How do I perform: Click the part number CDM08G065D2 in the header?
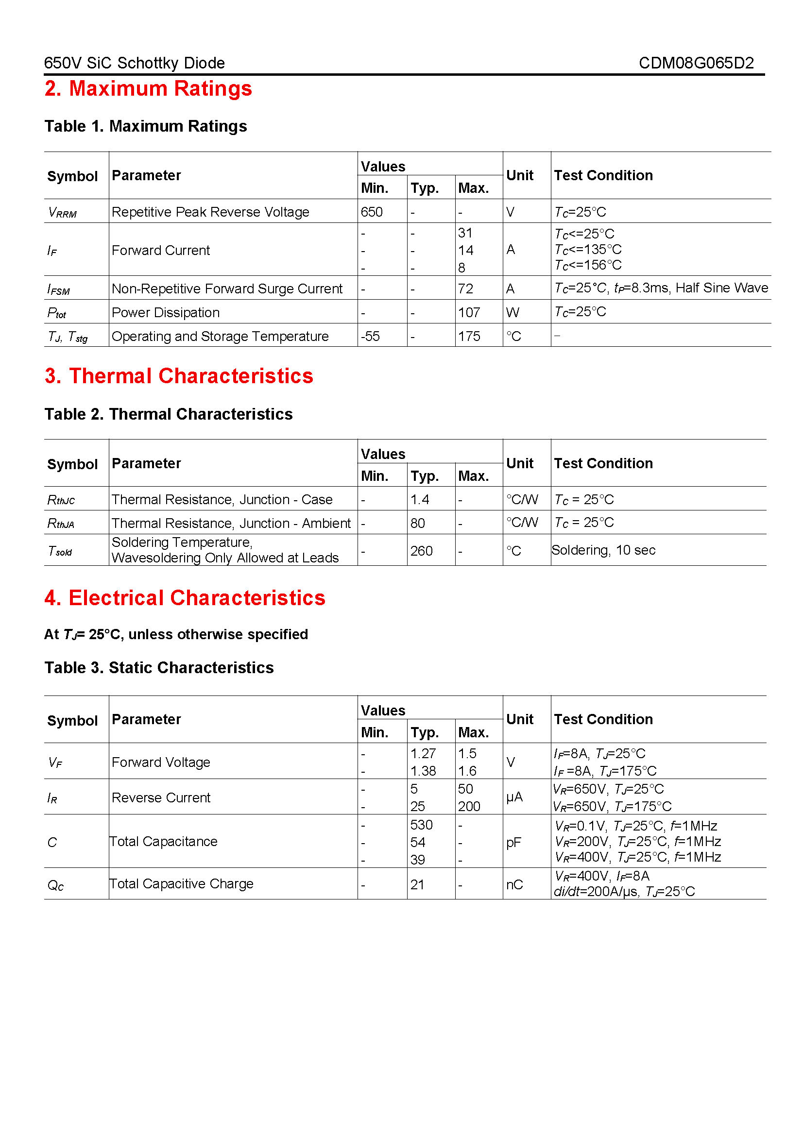pos(696,63)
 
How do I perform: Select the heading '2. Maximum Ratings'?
pos(148,88)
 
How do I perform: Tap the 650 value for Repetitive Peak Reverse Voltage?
pos(372,212)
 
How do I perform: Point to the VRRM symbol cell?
pos(62,213)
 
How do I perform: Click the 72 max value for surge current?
pos(465,288)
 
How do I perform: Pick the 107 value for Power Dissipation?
pos(469,312)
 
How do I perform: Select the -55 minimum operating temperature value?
pos(370,336)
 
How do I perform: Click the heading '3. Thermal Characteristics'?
pos(179,376)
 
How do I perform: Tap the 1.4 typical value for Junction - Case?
pos(420,499)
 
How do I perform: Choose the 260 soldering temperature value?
pos(421,551)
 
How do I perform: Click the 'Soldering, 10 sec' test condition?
pos(603,550)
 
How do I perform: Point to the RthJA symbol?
pos(61,524)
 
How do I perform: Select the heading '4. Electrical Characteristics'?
pos(185,598)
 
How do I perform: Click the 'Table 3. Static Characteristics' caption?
pos(159,667)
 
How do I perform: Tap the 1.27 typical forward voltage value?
pos(423,754)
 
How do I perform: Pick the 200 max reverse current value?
pos(469,807)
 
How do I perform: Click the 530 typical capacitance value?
pos(421,825)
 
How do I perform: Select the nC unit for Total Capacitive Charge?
pos(514,884)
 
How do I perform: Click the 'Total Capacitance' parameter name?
pos(163,842)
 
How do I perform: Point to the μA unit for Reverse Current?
pos(514,797)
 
